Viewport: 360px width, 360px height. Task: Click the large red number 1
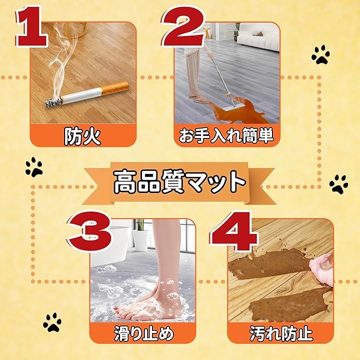(x=32, y=26)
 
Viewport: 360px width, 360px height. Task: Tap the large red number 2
(x=183, y=26)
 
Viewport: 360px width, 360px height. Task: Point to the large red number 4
(x=234, y=231)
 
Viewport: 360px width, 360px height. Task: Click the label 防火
(x=82, y=136)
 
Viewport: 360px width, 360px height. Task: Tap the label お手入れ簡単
(x=226, y=136)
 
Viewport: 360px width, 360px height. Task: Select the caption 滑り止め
(x=143, y=334)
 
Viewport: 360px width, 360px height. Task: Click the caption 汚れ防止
(x=281, y=333)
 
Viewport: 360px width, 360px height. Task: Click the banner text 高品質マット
(x=179, y=182)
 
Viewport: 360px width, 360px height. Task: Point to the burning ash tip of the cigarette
(x=53, y=102)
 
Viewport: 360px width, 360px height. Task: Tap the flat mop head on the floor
(x=229, y=108)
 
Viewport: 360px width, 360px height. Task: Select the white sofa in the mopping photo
(x=258, y=36)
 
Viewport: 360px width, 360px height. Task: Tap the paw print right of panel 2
(x=320, y=54)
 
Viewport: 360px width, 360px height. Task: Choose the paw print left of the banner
(x=34, y=166)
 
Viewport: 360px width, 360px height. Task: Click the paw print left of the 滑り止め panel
(x=52, y=322)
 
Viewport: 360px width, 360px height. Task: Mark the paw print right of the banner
(x=338, y=184)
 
